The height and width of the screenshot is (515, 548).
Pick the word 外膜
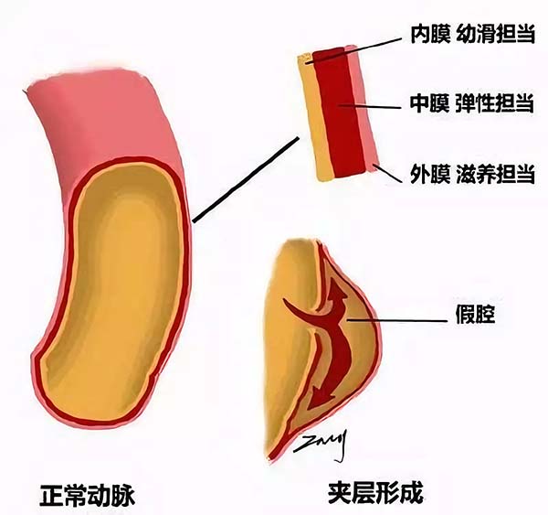427,174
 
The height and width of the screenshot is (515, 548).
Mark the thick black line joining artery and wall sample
246,178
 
